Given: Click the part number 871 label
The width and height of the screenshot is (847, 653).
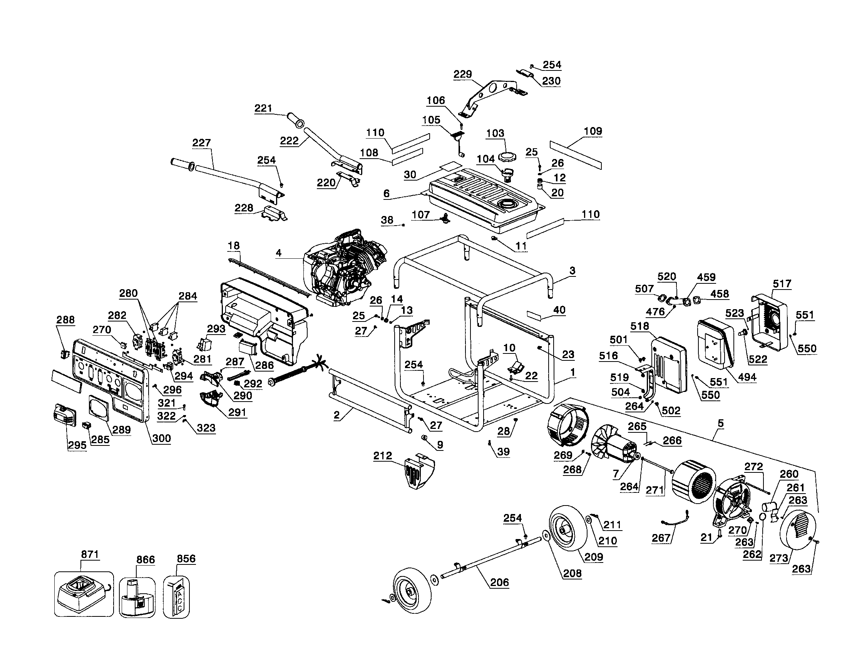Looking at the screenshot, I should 90,554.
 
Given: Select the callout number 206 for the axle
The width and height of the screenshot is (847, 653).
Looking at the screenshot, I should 499,582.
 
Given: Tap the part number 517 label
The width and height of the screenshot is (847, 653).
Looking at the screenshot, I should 782,283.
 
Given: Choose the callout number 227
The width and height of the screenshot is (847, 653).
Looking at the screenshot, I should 201,143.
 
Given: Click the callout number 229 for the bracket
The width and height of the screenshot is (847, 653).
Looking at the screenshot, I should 462,74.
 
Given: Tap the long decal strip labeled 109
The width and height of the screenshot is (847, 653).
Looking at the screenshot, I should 576,154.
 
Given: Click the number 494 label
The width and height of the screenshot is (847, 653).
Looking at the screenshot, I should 747,377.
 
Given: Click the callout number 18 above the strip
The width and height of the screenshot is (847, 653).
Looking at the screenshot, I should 233,246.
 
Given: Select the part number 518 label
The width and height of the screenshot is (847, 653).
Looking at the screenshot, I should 639,326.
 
